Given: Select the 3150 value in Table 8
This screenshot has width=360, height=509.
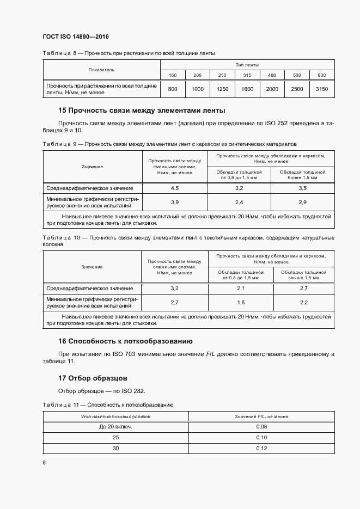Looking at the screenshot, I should coord(322,89).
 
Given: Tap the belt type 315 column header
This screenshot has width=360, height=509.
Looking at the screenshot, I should coord(247,75).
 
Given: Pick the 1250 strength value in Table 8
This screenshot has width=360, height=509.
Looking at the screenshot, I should coord(222,89).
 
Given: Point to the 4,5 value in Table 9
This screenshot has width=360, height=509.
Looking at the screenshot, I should coord(174,188).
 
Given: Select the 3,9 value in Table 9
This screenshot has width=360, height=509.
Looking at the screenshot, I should coord(174,203).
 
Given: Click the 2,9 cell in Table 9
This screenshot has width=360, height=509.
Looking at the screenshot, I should coord(303,203).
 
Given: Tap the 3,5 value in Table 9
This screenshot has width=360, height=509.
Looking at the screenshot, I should coord(303,188).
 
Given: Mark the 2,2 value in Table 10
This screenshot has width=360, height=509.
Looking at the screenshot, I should coord(303,302).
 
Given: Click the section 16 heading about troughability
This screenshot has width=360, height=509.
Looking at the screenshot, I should coord(125,341).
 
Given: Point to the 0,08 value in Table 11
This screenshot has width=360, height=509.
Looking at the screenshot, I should coord(261,427).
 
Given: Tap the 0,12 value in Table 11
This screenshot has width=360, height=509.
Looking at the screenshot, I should coord(261,449).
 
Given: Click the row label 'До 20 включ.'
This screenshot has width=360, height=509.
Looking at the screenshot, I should coord(115,427).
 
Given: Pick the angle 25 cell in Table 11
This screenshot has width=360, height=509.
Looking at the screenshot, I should coord(115,438).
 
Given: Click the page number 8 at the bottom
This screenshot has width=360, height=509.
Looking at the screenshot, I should coord(44,463).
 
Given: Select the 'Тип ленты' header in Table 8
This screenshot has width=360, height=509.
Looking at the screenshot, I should coord(247,65).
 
